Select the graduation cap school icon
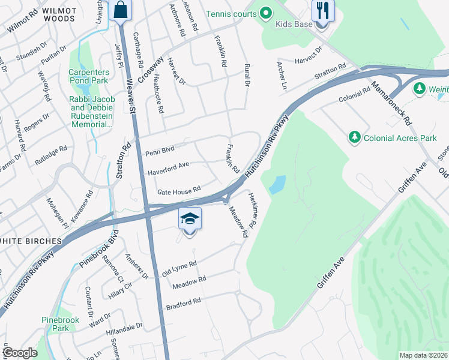(190, 220)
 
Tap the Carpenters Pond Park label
(88, 79)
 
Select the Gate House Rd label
(178, 191)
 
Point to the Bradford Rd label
(184, 304)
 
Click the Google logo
(20, 352)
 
